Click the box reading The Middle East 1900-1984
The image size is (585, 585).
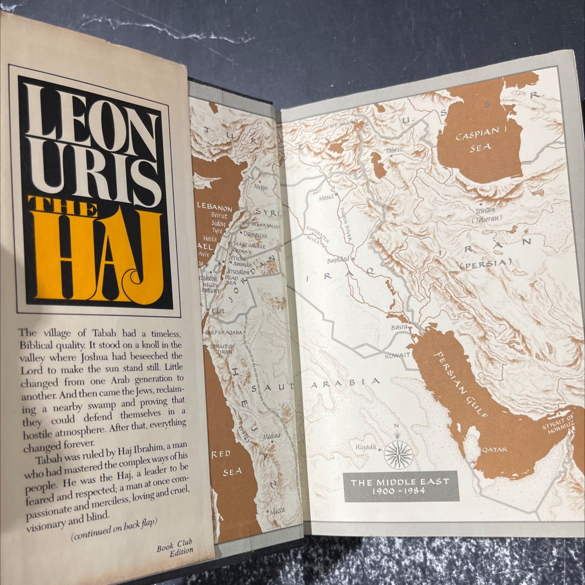tap(400, 485)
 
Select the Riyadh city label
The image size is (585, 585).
tap(366, 447)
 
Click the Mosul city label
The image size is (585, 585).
tap(326, 198)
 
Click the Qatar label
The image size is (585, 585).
tap(494, 449)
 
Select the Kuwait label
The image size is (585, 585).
tap(397, 354)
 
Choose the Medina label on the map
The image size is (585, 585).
tap(272, 436)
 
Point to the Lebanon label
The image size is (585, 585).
tap(214, 207)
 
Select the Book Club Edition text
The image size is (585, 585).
tap(174, 546)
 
